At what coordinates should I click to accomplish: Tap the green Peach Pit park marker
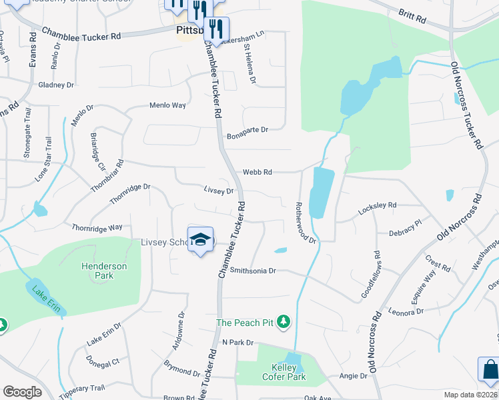coord(284,323)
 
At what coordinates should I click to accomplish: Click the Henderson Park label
coord(104,271)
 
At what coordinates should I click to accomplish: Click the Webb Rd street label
coord(257,172)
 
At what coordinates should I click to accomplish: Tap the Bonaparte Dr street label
coord(247,130)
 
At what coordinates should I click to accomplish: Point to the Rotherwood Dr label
coord(306,223)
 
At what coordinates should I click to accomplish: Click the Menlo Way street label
coord(167,105)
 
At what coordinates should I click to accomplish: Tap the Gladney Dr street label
coord(56,85)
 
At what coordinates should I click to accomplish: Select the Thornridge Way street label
coord(97,227)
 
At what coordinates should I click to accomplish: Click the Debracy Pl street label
coord(406,229)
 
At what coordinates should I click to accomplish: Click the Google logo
coord(22,391)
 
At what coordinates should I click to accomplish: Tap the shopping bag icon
coord(488,370)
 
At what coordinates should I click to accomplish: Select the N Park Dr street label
coord(238,342)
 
